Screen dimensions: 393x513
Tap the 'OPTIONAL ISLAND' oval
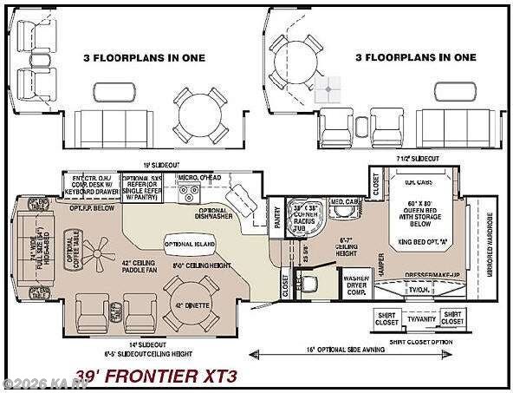[185, 245]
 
